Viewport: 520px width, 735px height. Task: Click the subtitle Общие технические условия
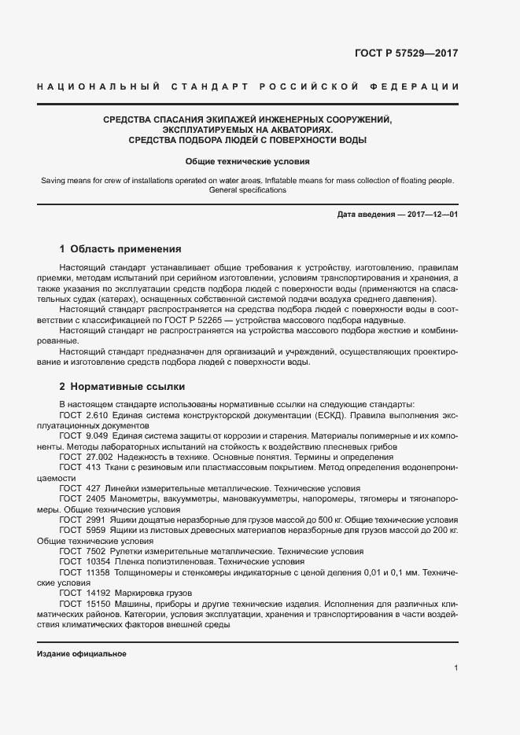(247, 161)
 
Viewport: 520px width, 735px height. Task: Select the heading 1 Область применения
(120, 249)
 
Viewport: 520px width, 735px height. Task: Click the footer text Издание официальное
(81, 653)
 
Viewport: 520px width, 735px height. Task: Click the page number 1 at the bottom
(456, 668)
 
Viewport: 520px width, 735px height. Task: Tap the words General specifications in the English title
(247, 190)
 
